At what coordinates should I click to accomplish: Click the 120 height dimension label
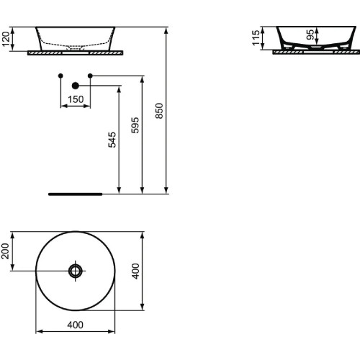click(6, 39)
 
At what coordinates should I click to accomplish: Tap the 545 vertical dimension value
click(112, 140)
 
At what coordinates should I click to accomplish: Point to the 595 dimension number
click(136, 124)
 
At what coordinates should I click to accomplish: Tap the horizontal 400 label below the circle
click(75, 325)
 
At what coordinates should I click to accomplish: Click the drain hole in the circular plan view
click(75, 271)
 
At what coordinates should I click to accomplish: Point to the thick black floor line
click(75, 194)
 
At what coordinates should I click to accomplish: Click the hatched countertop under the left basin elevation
click(75, 53)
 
